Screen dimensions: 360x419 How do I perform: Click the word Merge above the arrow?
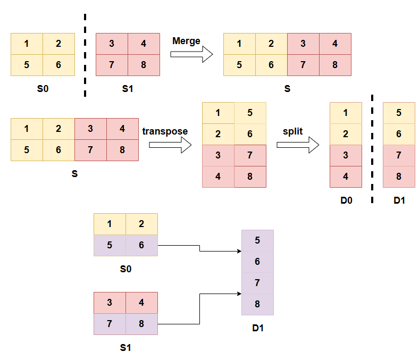[186, 41]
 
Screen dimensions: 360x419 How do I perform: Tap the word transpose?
[165, 131]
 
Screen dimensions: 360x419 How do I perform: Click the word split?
[292, 131]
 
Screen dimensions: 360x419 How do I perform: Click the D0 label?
[346, 200]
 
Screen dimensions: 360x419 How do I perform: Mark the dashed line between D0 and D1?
[372, 149]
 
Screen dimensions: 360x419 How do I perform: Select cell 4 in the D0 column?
[346, 177]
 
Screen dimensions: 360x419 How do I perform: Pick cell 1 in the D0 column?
[346, 113]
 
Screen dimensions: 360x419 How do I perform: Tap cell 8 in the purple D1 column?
[257, 304]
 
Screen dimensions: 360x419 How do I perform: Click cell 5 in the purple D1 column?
[257, 240]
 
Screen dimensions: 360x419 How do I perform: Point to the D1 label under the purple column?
[258, 328]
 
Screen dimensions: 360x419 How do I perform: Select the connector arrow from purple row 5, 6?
[199, 249]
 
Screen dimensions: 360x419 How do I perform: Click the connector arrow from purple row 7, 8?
[199, 308]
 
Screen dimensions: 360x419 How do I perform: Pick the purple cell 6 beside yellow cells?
[141, 246]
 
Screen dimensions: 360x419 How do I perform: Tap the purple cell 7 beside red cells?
[110, 324]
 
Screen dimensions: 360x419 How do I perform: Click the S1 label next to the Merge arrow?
[128, 89]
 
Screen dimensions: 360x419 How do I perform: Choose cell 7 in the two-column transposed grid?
[250, 155]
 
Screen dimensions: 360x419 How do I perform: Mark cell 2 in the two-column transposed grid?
[218, 134]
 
